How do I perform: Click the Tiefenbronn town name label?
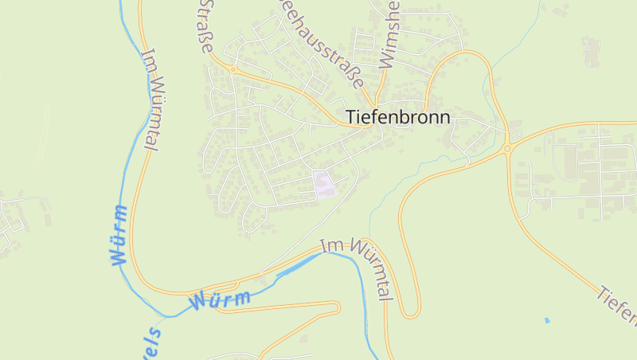(x=398, y=117)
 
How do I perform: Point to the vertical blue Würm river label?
(x=119, y=234)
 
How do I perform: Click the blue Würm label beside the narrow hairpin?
(x=220, y=300)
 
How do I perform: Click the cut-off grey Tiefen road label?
(x=616, y=307)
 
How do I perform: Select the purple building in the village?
(x=323, y=184)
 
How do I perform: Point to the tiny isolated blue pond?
(x=546, y=320)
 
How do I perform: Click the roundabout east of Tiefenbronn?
(x=506, y=148)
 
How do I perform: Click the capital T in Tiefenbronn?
(x=351, y=117)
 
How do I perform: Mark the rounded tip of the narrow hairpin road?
(x=338, y=307)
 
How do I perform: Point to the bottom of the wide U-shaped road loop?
(x=410, y=315)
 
